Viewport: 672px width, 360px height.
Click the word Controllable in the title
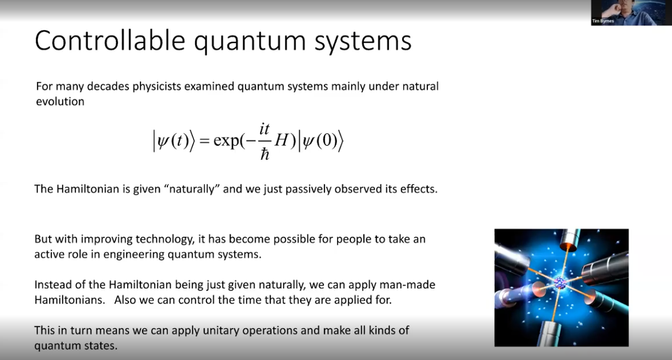coord(110,41)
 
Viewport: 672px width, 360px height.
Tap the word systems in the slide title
coord(362,42)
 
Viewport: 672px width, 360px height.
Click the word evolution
coord(60,101)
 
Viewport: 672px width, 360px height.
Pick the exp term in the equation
coord(226,140)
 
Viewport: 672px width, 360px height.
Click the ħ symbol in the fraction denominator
coord(264,155)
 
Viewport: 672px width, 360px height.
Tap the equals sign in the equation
coord(204,140)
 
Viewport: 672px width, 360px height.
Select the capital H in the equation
coord(281,140)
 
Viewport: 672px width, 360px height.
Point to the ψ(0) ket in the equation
coord(321,141)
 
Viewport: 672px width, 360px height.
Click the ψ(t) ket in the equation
coord(174,141)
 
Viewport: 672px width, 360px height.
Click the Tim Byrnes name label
coord(603,21)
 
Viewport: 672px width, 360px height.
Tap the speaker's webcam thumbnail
coord(631,13)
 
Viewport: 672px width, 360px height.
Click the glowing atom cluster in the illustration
coord(560,283)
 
